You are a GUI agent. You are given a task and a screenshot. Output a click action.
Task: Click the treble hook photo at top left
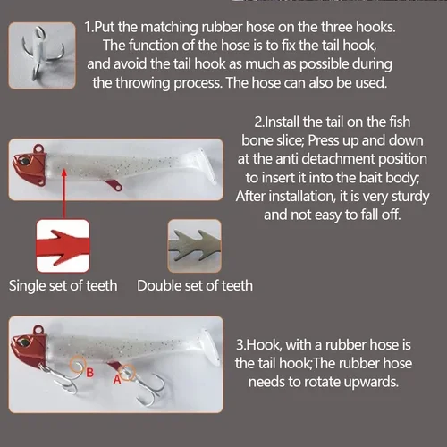pos(40,53)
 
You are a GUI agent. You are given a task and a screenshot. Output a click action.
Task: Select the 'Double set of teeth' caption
pos(195,286)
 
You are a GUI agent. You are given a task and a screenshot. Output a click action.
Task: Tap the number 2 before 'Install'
pos(258,121)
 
